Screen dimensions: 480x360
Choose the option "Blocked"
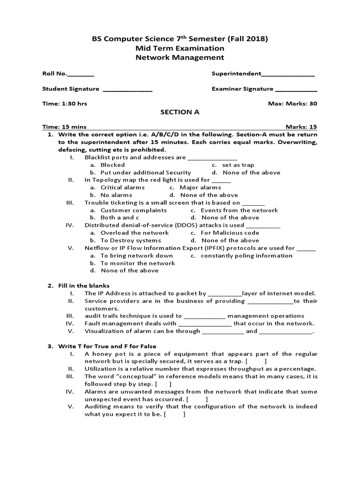[112, 165]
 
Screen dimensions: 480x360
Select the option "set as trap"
[238, 165]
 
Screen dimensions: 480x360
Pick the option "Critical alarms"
[123, 187]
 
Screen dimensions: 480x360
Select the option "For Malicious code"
[230, 233]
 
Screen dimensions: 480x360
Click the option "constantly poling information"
[247, 255]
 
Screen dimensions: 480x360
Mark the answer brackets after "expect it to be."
[175, 414]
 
